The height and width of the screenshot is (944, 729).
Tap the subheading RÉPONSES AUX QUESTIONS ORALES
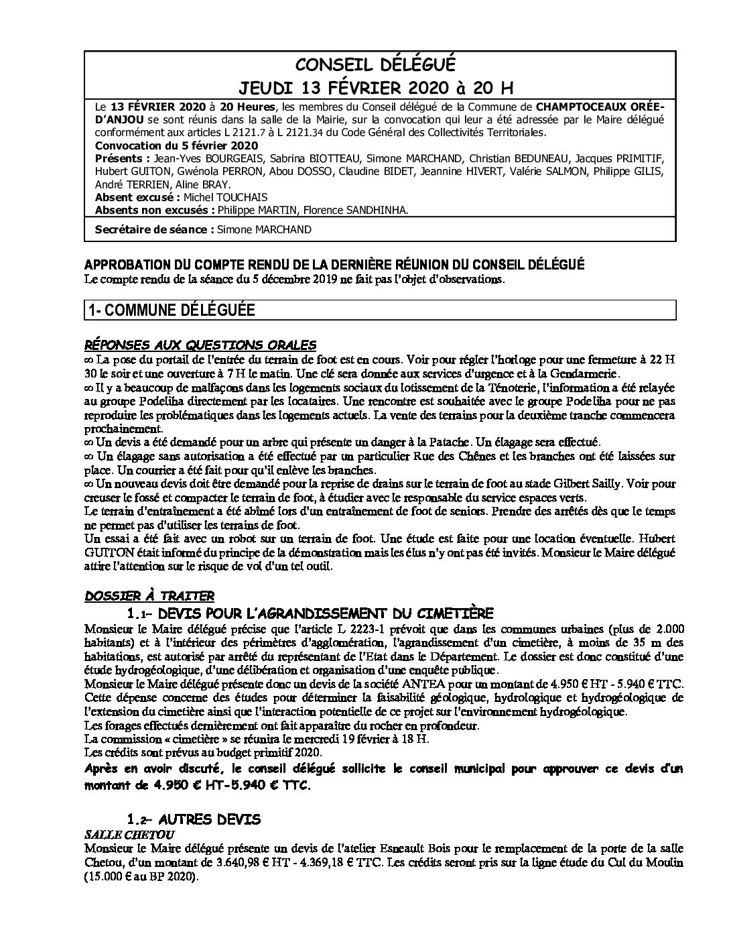click(200, 345)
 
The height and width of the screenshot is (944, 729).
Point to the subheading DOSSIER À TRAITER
click(149, 595)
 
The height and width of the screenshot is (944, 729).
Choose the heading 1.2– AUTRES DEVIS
click(193, 819)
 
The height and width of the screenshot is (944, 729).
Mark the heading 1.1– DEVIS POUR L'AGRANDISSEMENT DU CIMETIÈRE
click(310, 613)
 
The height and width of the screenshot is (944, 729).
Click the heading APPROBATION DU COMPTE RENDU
click(334, 265)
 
